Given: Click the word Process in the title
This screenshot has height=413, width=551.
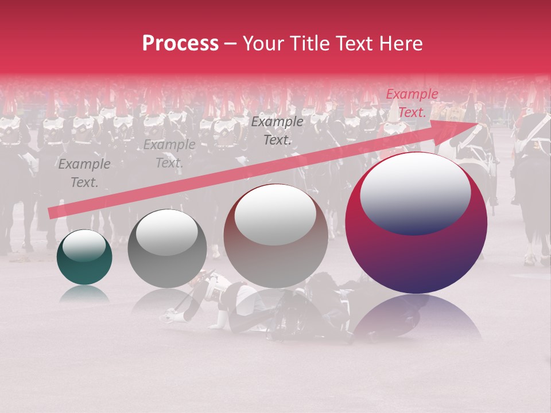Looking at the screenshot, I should pyautogui.click(x=180, y=44).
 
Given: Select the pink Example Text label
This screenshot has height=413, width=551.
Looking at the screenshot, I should pyautogui.click(x=412, y=103).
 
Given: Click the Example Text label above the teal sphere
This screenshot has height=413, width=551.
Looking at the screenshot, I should pyautogui.click(x=84, y=173).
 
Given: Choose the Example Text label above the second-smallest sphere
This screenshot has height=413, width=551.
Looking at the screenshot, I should pyautogui.click(x=169, y=154).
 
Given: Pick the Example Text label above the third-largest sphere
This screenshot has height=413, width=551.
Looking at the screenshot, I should pyautogui.click(x=277, y=131).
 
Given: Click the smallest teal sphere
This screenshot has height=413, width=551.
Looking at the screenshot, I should pyautogui.click(x=84, y=258).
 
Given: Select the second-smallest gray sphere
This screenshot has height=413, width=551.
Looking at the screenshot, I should pyautogui.click(x=166, y=248).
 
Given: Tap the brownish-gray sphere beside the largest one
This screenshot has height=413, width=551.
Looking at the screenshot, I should pyautogui.click(x=275, y=236).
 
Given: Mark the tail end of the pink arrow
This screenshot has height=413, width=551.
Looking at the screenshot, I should pyautogui.click(x=52, y=213).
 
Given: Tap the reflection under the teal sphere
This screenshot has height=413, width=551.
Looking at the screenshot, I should pyautogui.click(x=84, y=293).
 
